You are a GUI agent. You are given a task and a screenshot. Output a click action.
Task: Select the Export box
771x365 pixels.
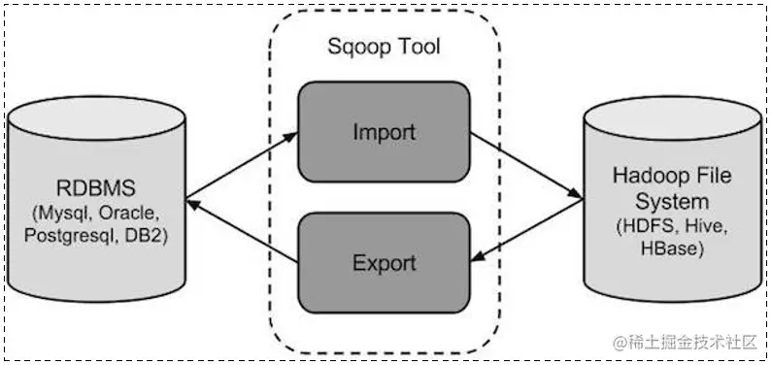coord(384,261)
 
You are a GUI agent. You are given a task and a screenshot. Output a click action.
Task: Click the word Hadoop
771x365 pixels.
coord(649,177)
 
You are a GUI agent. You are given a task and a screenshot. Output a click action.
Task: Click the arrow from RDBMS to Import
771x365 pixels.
coord(241,161)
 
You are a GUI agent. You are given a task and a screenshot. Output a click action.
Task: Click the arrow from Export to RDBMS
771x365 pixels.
coord(241,231)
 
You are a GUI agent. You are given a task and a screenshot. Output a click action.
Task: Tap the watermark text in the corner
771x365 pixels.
coord(689,342)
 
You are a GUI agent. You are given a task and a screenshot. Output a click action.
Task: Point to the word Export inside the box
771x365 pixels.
coord(384,262)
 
